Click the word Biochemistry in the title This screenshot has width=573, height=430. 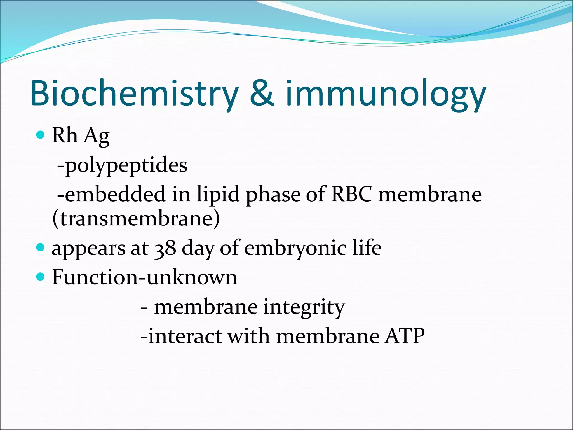click(134, 94)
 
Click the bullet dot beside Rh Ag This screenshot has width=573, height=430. click(41, 135)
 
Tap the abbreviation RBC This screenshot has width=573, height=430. click(352, 194)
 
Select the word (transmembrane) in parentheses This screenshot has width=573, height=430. click(136, 219)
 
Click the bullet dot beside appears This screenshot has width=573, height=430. click(41, 247)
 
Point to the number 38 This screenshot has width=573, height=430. click(166, 248)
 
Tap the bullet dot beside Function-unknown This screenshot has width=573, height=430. click(41, 277)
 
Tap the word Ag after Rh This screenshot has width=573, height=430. click(97, 136)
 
